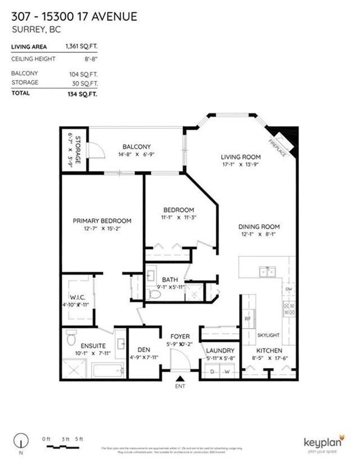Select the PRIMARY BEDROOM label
[x=102, y=221]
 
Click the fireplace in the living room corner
[x=284, y=140]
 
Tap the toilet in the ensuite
[x=71, y=338]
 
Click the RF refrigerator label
[x=247, y=319]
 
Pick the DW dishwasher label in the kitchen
[x=288, y=289]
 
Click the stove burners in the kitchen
[x=289, y=308]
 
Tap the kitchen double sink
[x=267, y=272]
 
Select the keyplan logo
[x=322, y=443]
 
